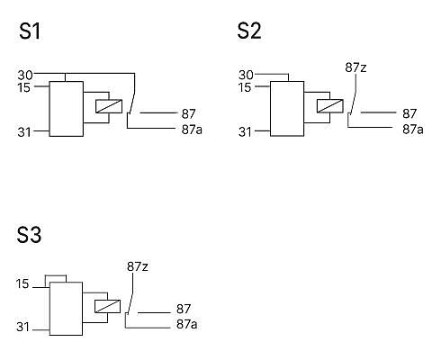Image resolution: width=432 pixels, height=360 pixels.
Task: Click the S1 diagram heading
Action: pos(30,31)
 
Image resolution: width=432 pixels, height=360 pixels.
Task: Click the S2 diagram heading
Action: pos(249,31)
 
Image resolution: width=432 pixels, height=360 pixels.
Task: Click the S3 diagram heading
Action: pos(29,235)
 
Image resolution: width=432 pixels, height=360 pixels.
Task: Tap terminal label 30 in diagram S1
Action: pos(25,75)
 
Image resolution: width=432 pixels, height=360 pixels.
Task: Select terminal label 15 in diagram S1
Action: pos(23,87)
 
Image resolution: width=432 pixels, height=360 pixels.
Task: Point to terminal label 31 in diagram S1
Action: pos(24,132)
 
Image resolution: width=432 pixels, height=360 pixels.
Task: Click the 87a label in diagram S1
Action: pos(192,130)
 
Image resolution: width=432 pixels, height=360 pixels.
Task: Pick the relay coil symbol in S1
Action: pos(109,106)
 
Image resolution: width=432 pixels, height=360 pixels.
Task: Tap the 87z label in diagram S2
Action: pos(355,67)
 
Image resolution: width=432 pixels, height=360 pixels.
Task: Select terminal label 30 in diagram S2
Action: pos(246,75)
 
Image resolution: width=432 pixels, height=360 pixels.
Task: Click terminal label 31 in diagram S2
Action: pos(245,132)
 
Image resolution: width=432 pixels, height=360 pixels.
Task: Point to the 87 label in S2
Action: pos(409,113)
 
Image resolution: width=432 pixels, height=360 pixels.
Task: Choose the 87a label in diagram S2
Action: pos(413,130)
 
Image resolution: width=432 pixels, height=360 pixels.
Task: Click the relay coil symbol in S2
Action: pos(330,106)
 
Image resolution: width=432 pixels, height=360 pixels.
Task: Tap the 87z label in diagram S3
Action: pos(138,266)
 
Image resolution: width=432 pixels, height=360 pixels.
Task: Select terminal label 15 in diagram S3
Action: pos(22,283)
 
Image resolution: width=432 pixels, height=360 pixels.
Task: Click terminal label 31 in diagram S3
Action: pos(22,327)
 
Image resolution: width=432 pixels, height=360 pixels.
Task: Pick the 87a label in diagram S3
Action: pos(187,324)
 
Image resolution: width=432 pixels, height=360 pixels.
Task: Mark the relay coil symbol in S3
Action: pos(108,306)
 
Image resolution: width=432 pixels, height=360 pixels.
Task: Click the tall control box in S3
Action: pos(66,309)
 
